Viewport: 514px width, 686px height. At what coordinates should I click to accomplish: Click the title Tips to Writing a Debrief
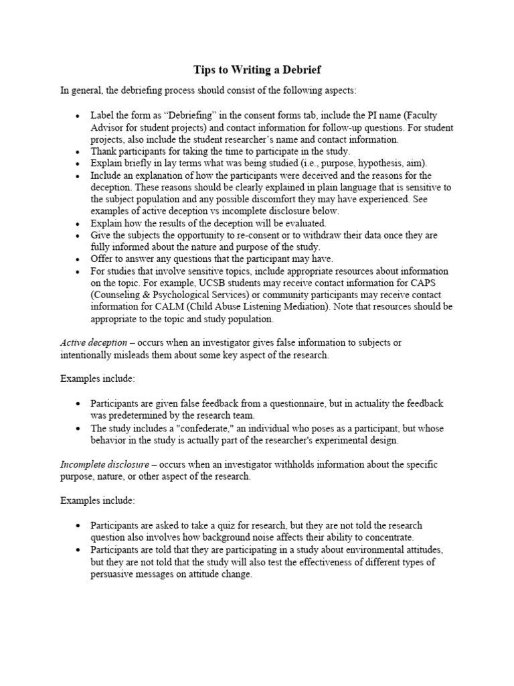[x=257, y=70]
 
